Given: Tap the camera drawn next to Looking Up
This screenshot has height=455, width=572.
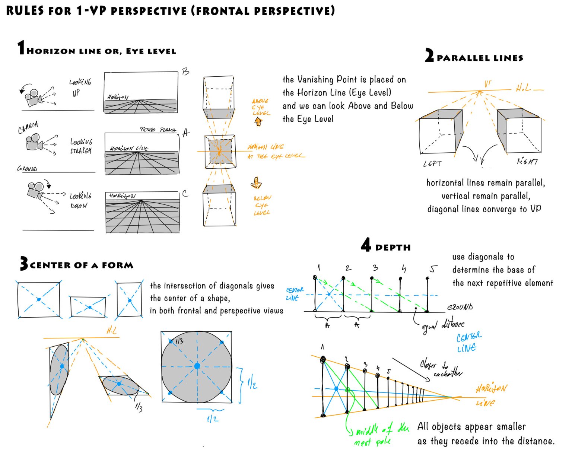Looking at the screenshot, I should tap(33, 97).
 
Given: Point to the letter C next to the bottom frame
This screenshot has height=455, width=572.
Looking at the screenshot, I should tap(185, 194).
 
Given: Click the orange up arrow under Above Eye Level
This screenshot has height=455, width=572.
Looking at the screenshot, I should tap(258, 121).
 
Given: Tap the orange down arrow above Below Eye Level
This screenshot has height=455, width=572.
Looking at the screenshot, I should tap(256, 183).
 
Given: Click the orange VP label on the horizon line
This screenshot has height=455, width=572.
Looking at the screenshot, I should tap(487, 84).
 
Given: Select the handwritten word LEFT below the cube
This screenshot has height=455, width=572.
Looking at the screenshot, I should tap(432, 163).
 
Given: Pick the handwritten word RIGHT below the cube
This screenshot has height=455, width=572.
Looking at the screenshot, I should tap(527, 161).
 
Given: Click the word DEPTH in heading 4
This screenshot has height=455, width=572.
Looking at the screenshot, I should tap(393, 248).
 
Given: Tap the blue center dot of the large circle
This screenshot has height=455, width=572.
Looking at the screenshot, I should tap(197, 366).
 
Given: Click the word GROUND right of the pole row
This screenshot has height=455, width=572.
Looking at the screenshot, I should tap(460, 307).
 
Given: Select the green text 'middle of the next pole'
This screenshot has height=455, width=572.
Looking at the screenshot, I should tap(378, 436).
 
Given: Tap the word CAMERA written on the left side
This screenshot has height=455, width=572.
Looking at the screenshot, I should tap(28, 127).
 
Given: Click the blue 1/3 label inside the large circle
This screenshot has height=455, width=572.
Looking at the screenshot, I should tap(179, 341).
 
